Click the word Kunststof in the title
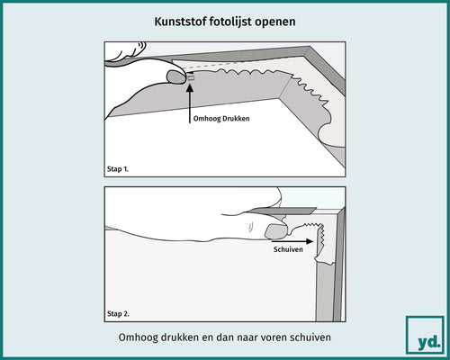pos(176,20)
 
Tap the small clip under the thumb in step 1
pos(190,78)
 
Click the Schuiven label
pos(289,253)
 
